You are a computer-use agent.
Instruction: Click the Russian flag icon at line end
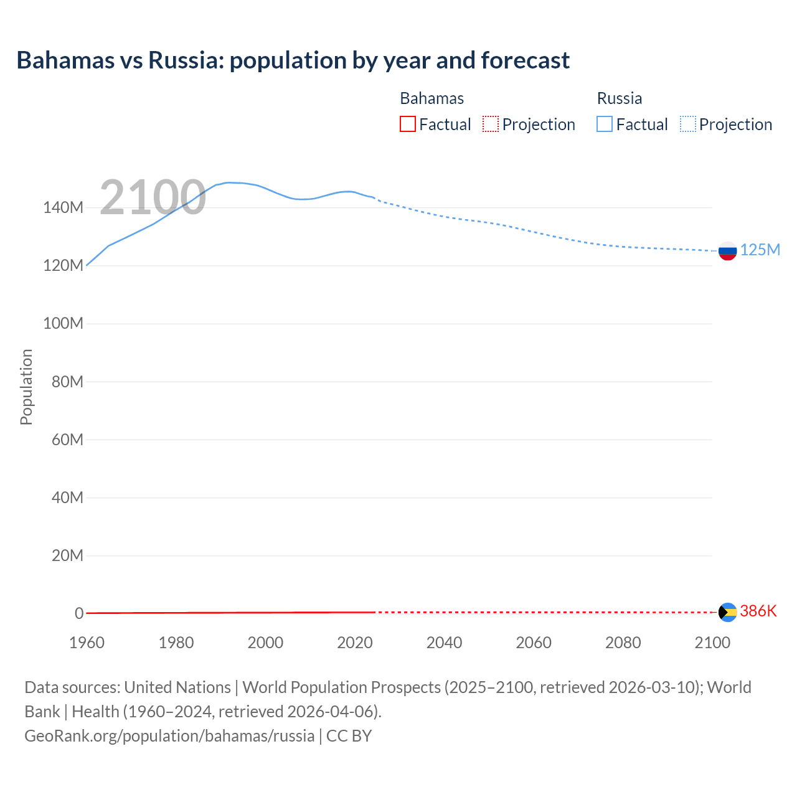(727, 251)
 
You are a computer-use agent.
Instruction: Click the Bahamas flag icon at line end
(727, 612)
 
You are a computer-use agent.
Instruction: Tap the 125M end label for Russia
(760, 250)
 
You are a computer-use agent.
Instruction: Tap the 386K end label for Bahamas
(758, 611)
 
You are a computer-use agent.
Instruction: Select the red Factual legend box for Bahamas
(407, 124)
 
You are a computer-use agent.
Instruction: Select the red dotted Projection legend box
(491, 124)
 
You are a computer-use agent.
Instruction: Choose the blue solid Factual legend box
(604, 124)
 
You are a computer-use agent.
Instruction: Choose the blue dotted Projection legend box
(687, 124)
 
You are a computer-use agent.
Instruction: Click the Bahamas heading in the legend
(432, 98)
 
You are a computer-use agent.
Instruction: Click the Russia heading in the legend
(619, 98)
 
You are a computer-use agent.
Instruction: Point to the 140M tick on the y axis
(63, 208)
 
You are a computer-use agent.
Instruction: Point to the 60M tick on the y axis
(67, 440)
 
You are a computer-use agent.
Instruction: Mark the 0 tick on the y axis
(79, 613)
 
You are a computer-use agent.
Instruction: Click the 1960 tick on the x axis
(87, 643)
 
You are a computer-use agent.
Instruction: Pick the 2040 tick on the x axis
(444, 643)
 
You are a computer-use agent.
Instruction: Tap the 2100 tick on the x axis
(712, 643)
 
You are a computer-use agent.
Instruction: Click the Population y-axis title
(26, 387)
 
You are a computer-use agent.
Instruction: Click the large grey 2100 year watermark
(153, 197)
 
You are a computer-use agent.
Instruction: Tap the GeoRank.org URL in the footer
(169, 735)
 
